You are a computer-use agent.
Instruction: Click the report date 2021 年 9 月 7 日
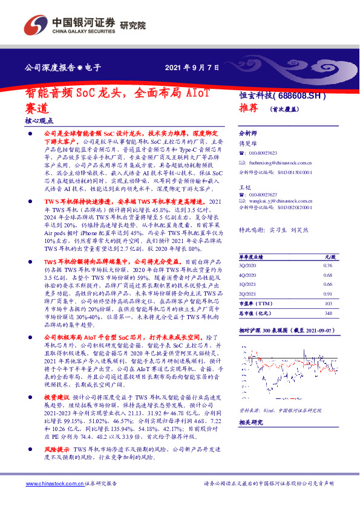[192, 68]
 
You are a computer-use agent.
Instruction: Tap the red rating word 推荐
[249, 108]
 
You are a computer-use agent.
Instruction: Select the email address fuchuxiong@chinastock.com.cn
[280, 163]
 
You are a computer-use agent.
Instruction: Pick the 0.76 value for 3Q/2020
[327, 265]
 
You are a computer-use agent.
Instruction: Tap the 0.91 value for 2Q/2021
[327, 294]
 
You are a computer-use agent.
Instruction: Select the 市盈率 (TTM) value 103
[328, 303]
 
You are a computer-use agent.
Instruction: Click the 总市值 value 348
[328, 313]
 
